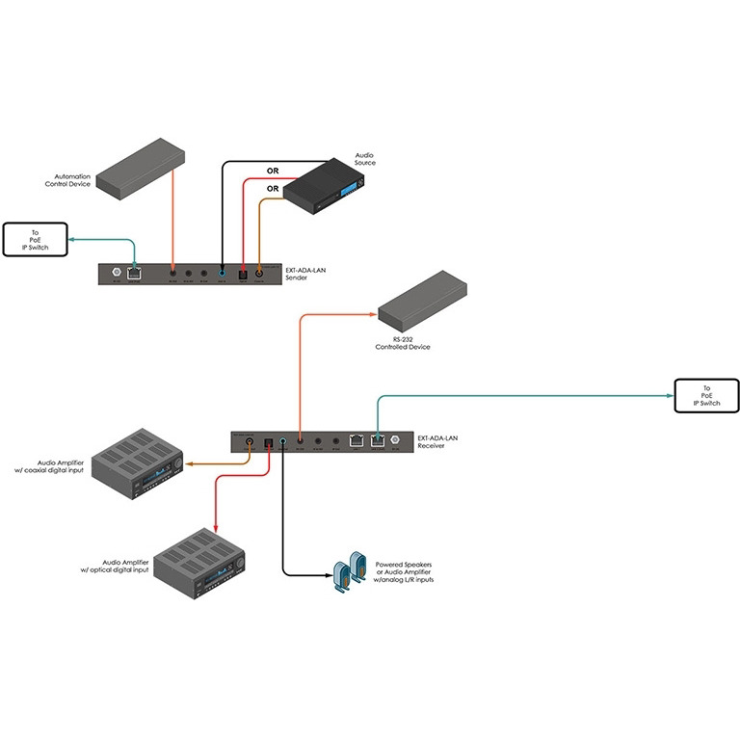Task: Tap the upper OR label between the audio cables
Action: pyautogui.click(x=273, y=172)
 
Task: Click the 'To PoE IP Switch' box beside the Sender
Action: pyautogui.click(x=35, y=238)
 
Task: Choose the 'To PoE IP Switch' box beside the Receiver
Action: pyautogui.click(x=704, y=395)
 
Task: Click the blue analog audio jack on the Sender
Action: pyautogui.click(x=223, y=274)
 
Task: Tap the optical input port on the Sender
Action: pyautogui.click(x=244, y=274)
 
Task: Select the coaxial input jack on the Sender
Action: pyautogui.click(x=259, y=274)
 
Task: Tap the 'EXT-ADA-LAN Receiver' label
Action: pyautogui.click(x=439, y=442)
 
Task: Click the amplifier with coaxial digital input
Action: pyautogui.click(x=138, y=465)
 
